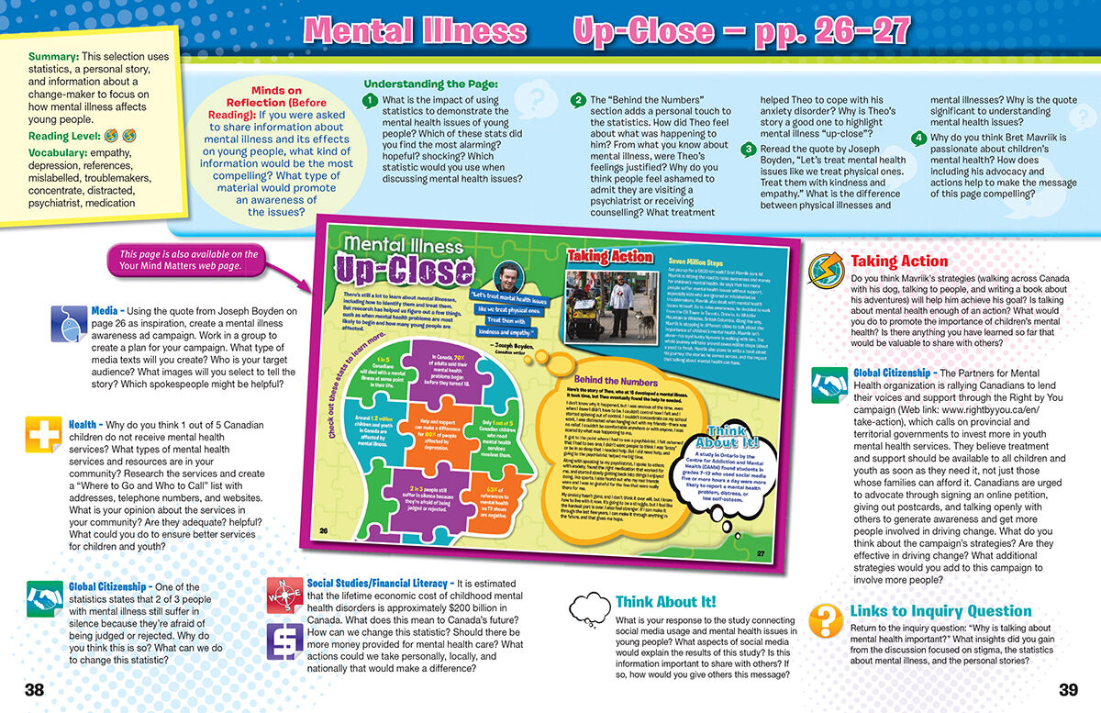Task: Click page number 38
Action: click(33, 690)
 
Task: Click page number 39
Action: click(1068, 690)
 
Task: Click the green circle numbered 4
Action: click(918, 139)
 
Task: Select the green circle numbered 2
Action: click(578, 100)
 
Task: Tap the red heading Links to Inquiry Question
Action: click(940, 611)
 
